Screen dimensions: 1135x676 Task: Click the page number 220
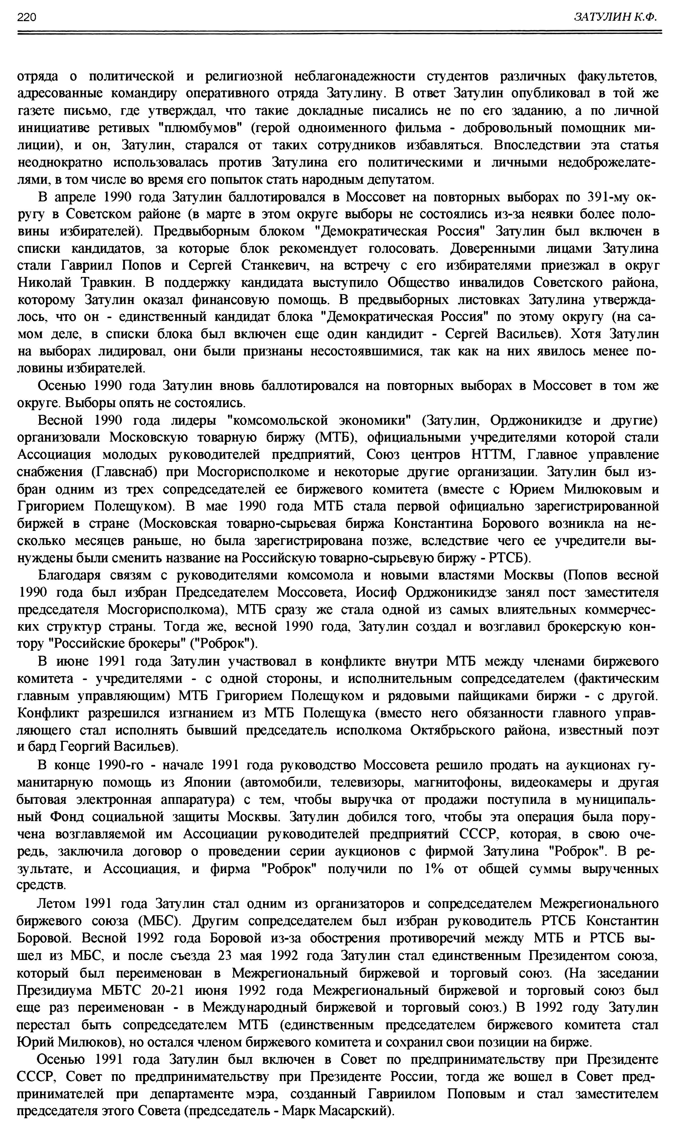pyautogui.click(x=26, y=17)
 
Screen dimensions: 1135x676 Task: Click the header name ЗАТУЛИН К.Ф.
pyautogui.click(x=615, y=17)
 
